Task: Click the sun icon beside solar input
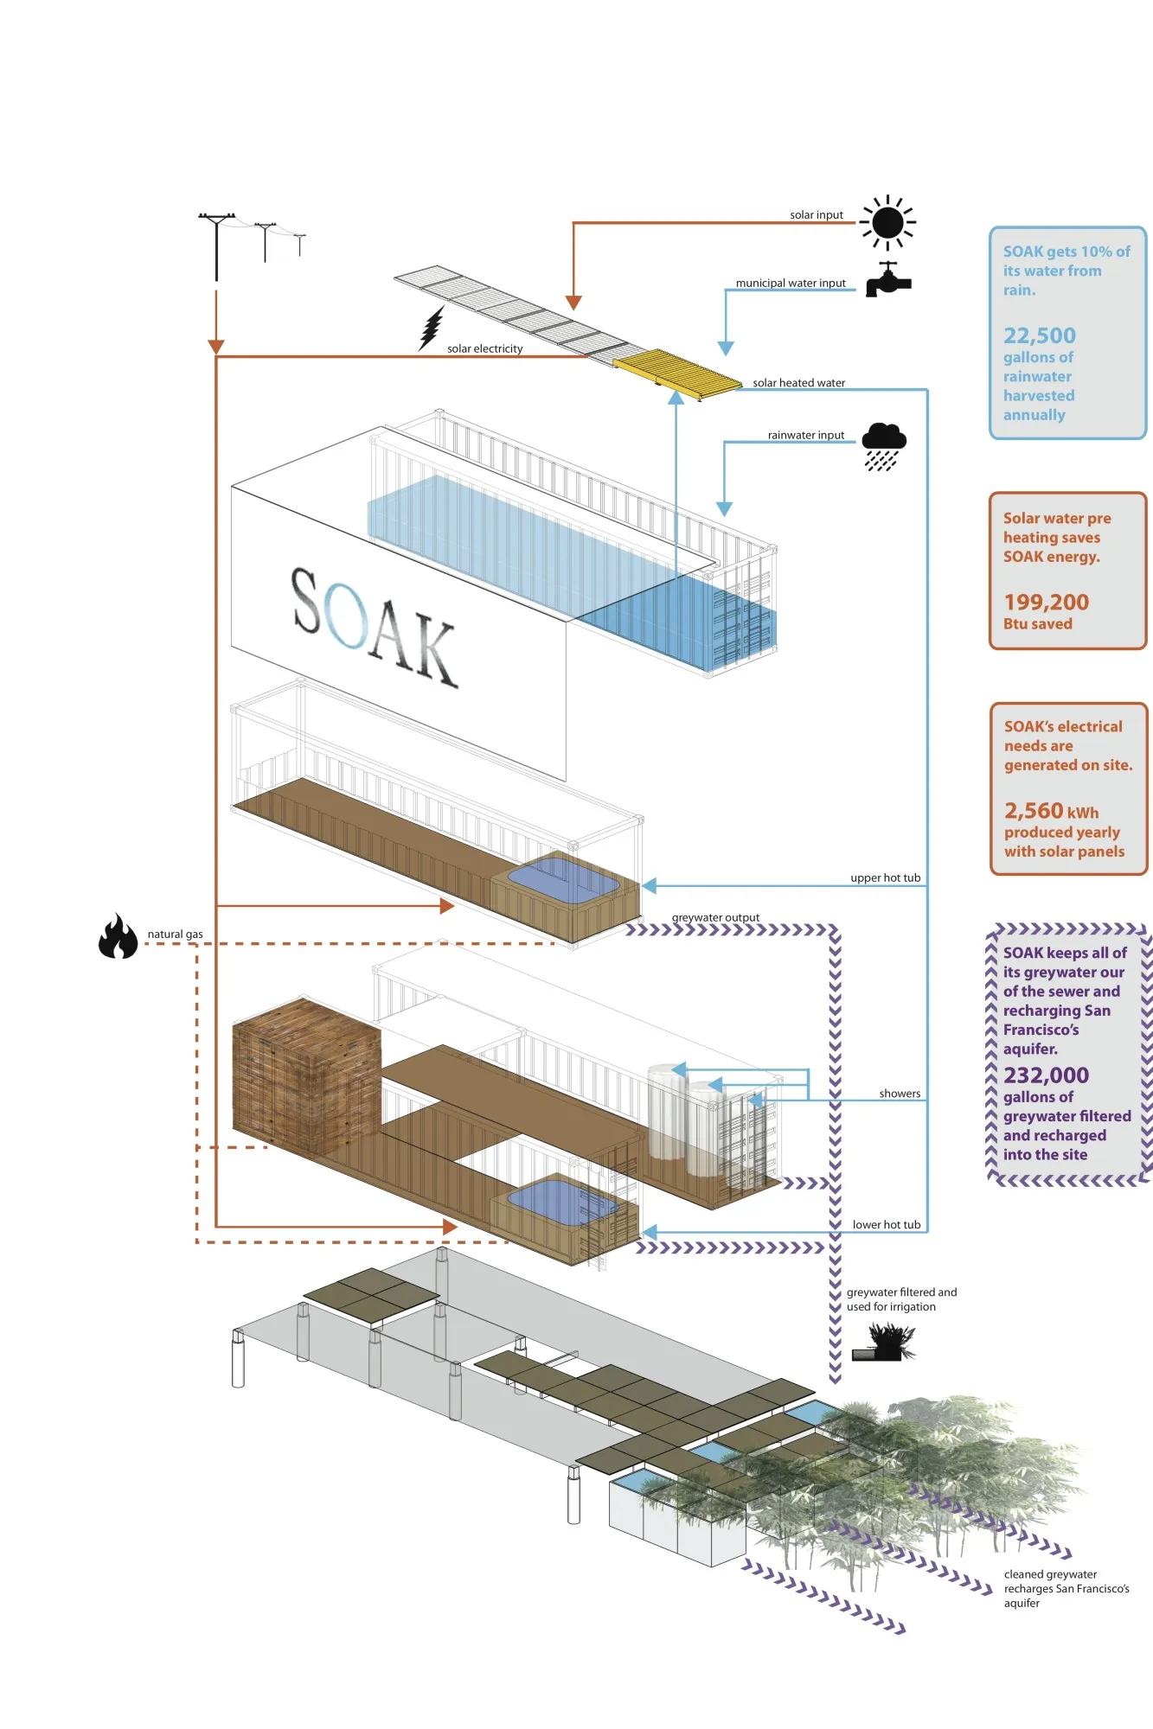[x=887, y=222]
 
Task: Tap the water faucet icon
[x=887, y=280]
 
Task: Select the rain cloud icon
[x=883, y=446]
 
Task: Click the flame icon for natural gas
[x=118, y=936]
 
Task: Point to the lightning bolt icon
[x=432, y=328]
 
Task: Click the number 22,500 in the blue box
[x=1039, y=335]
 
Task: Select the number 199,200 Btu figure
[x=1046, y=602]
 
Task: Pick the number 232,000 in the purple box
[x=1046, y=1075]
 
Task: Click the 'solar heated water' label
[x=798, y=383]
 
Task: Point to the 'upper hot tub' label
[x=885, y=878]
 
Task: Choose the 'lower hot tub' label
[x=886, y=1225]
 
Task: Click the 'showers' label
[x=900, y=1094]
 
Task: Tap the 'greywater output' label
[x=715, y=917]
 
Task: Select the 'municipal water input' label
[x=791, y=283]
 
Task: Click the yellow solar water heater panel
[x=677, y=373]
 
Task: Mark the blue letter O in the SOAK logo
[x=349, y=615]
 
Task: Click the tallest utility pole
[x=216, y=246]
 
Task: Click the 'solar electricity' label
[x=484, y=349]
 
